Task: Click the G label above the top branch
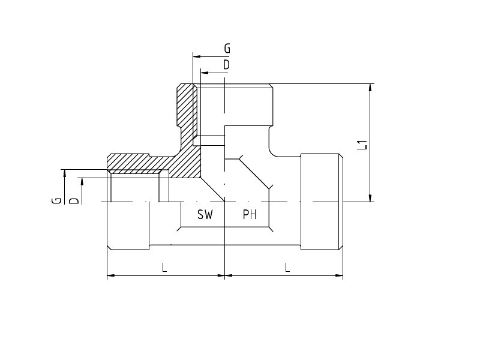click(x=227, y=49)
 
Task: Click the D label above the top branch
click(x=227, y=65)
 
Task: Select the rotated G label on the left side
click(x=56, y=201)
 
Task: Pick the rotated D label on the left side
click(x=74, y=201)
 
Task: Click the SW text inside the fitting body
click(x=205, y=215)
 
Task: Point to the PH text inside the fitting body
click(x=250, y=215)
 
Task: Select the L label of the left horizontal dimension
click(x=164, y=268)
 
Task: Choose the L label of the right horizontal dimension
click(x=287, y=268)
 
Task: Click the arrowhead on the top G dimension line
click(x=197, y=56)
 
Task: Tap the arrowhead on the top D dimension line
click(x=205, y=73)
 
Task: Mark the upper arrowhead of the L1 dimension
click(x=370, y=88)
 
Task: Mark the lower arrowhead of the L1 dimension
click(x=370, y=198)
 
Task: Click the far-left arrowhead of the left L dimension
click(x=111, y=275)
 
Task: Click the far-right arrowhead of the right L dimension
click(x=339, y=275)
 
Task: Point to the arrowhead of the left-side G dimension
click(x=65, y=173)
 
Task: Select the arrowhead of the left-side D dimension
click(x=82, y=182)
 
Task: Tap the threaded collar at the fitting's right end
click(x=322, y=202)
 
